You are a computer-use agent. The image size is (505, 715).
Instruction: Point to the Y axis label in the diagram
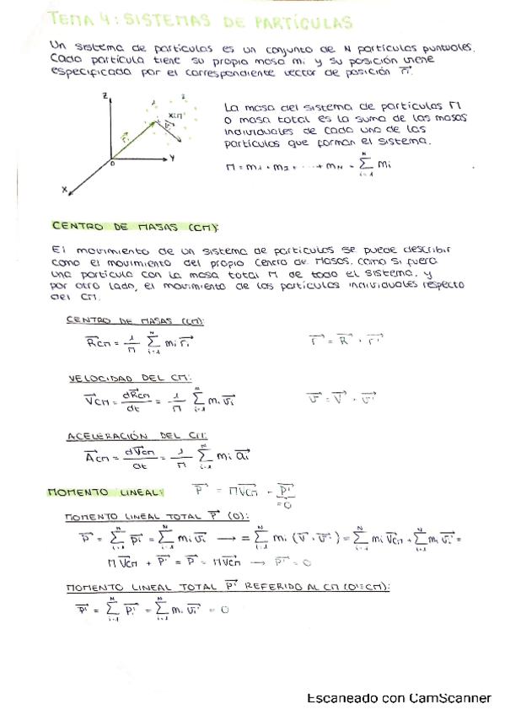point(172,157)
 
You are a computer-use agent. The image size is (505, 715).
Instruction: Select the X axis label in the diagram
point(64,191)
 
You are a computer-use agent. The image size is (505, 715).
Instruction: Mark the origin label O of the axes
point(110,166)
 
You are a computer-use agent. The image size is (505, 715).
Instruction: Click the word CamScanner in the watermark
point(448,698)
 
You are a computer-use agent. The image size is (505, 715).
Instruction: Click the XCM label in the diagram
point(174,114)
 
